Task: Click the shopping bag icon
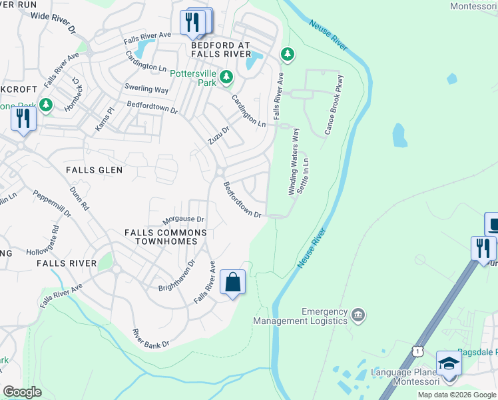click(x=232, y=282)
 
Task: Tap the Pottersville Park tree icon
click(x=226, y=77)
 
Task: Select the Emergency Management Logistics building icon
click(x=358, y=314)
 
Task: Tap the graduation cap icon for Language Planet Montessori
click(x=449, y=364)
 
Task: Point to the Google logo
click(x=22, y=392)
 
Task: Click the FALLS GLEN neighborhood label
click(x=94, y=170)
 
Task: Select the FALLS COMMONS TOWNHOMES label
click(x=166, y=237)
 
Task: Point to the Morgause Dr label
click(x=183, y=219)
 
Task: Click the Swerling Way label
click(x=146, y=89)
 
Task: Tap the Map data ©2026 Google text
click(x=457, y=395)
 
